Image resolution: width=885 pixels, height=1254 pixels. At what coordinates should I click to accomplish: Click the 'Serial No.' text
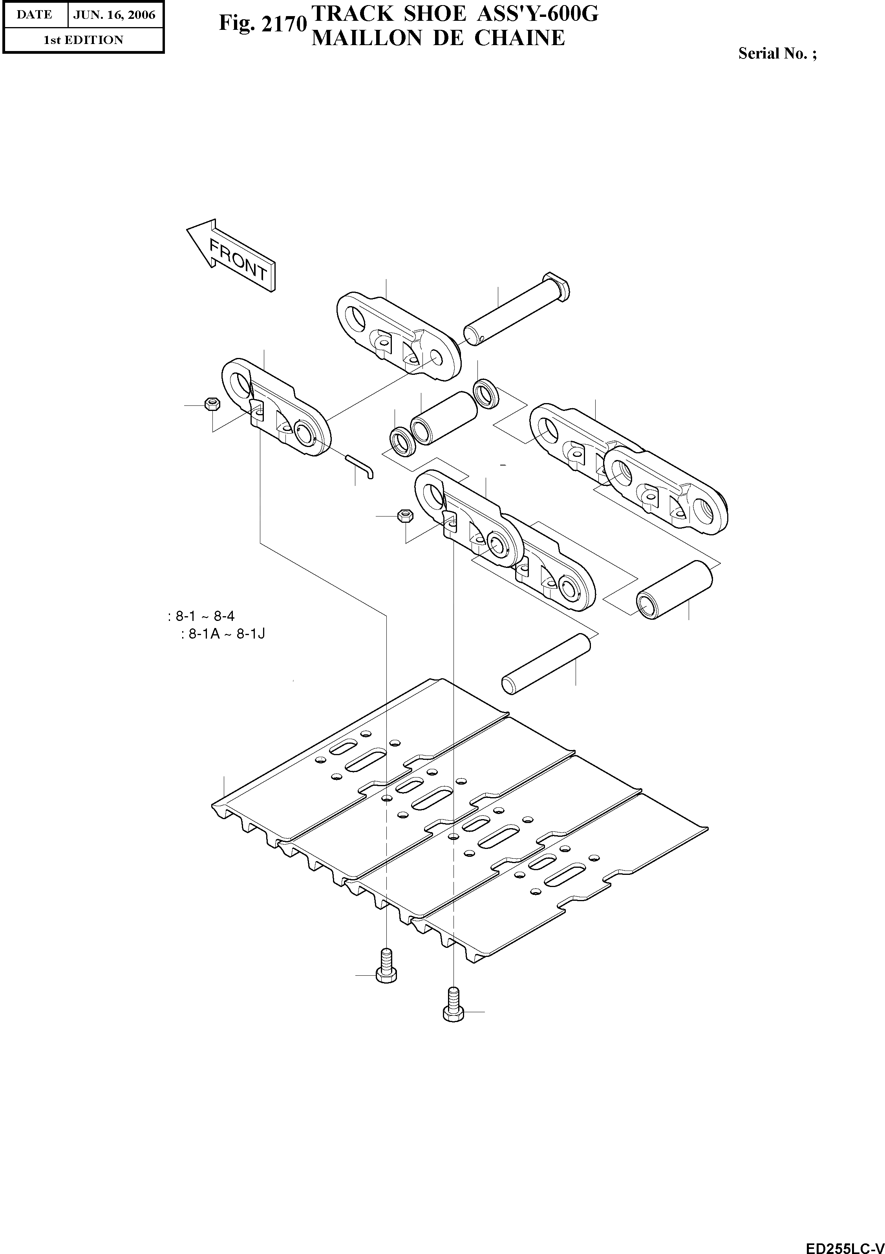tap(777, 53)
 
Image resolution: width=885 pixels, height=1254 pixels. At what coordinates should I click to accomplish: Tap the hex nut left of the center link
tap(404, 515)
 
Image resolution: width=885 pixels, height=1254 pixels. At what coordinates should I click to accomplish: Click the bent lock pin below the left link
tap(360, 465)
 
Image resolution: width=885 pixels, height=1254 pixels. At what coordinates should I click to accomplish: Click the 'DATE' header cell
tap(35, 14)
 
